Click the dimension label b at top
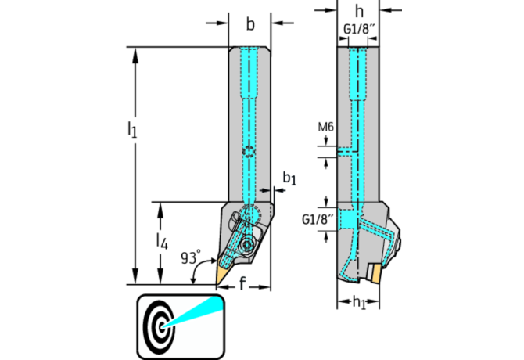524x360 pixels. (250, 24)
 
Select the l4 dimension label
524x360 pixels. (161, 241)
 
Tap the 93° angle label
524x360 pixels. (190, 257)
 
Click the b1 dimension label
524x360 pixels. (289, 179)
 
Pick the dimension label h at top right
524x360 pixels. (359, 11)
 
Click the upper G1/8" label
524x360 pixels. (359, 31)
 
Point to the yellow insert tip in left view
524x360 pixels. (221, 275)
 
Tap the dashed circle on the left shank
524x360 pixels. (249, 153)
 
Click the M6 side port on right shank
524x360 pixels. (346, 149)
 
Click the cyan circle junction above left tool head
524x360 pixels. (249, 214)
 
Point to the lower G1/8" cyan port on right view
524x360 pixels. (347, 217)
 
